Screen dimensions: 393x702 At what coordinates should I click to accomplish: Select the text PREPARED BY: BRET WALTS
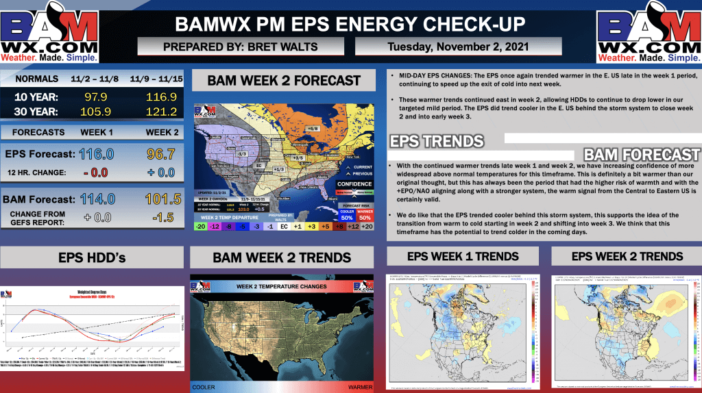(241, 47)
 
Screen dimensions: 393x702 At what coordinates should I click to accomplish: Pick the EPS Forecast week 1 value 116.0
(96, 155)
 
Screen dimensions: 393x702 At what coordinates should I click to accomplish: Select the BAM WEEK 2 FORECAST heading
(284, 81)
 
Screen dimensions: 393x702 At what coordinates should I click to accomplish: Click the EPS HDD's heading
(92, 257)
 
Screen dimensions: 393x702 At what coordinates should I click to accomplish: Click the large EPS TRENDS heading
(436, 142)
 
